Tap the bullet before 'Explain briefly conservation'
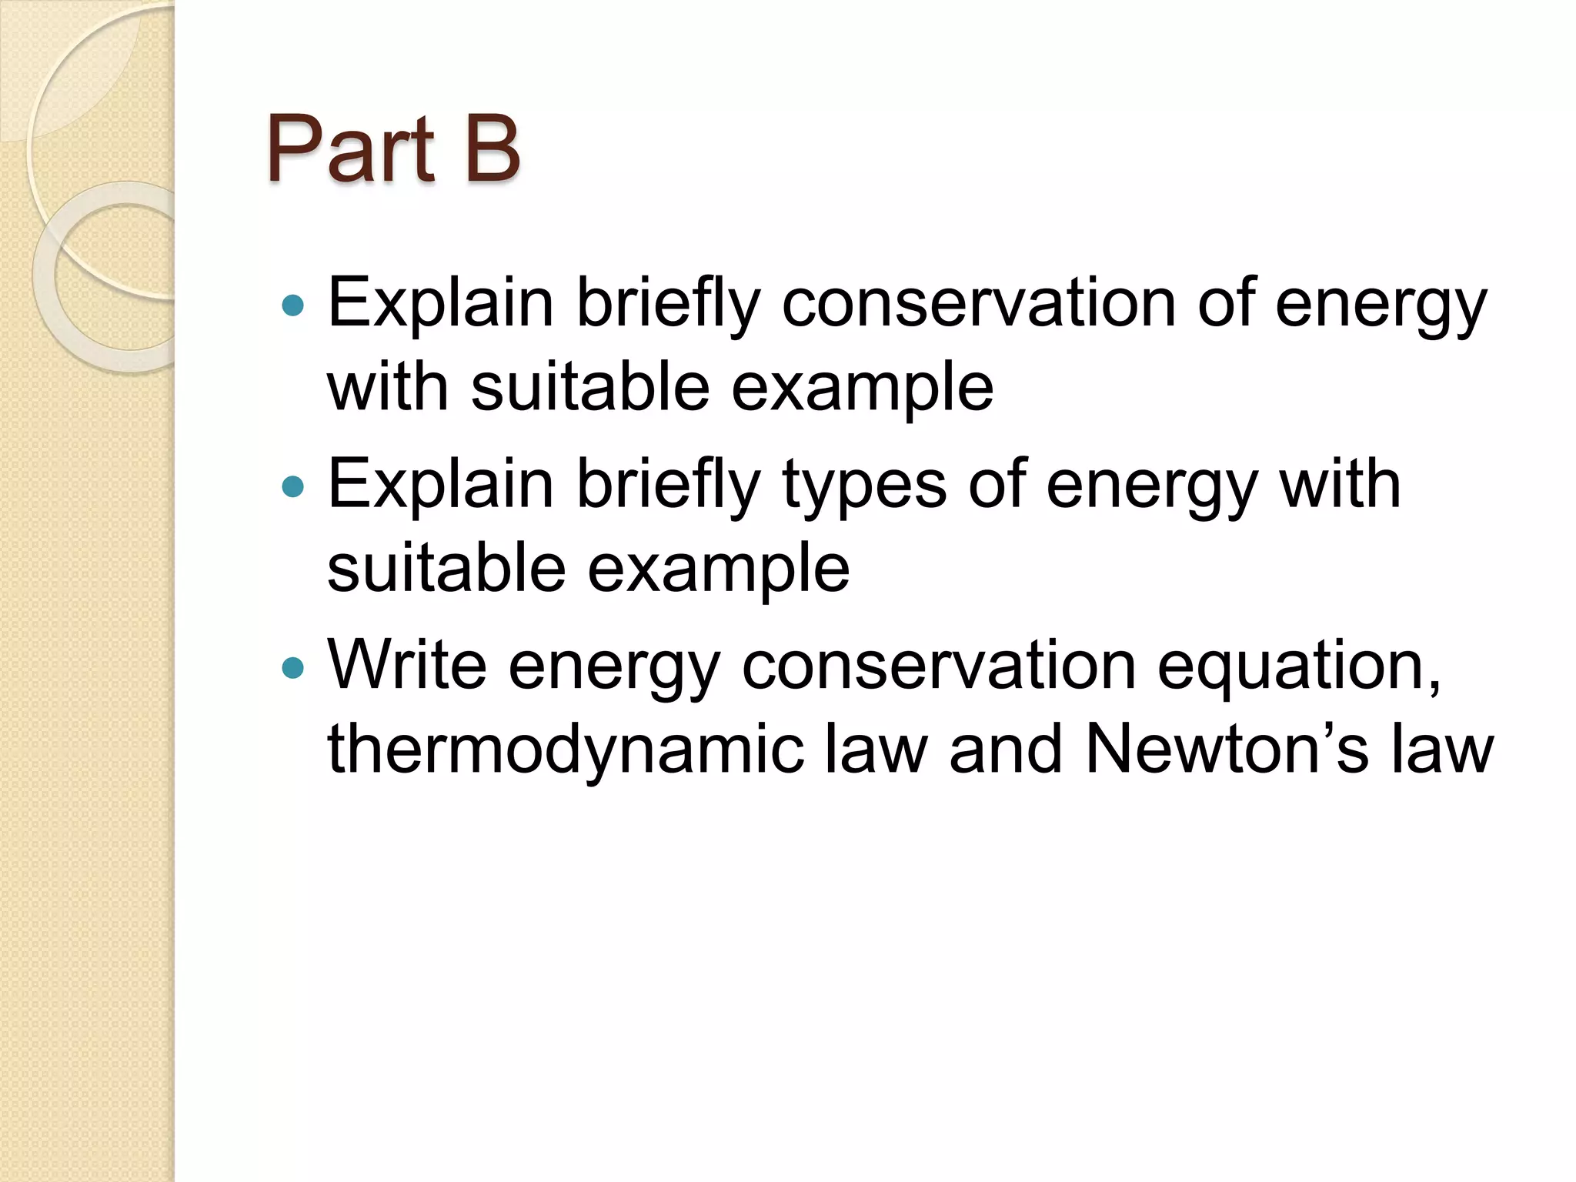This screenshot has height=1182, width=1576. pyautogui.click(x=293, y=306)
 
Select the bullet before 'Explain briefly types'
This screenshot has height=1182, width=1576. pyautogui.click(x=293, y=486)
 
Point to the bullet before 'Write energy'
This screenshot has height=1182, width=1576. pyautogui.click(x=293, y=666)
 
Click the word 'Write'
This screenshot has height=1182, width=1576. pyautogui.click(x=407, y=665)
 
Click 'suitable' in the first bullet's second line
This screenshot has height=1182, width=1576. pyautogui.click(x=590, y=386)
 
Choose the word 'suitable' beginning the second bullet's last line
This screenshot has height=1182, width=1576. pyautogui.click(x=446, y=568)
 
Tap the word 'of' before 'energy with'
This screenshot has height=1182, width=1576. pyautogui.click(x=996, y=485)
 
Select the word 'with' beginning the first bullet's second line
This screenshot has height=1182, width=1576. pyautogui.click(x=388, y=386)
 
